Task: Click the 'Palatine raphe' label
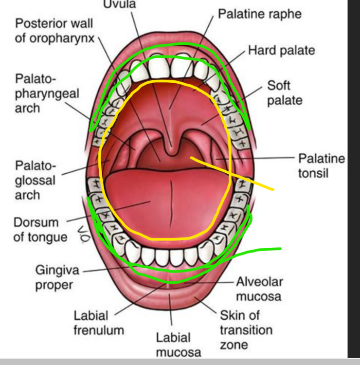click(x=259, y=14)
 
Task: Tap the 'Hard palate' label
click(x=281, y=50)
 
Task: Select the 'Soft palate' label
click(x=285, y=93)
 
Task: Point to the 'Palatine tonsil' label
click(x=321, y=165)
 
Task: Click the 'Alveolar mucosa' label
click(x=259, y=289)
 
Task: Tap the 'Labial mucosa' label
click(x=173, y=344)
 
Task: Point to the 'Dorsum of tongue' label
click(x=40, y=230)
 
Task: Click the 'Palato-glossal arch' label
click(x=35, y=180)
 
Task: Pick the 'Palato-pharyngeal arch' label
click(x=47, y=93)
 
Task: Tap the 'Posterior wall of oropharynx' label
click(x=54, y=30)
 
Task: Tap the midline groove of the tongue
click(x=171, y=204)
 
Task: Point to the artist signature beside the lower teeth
click(x=80, y=234)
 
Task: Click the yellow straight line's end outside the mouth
click(x=273, y=189)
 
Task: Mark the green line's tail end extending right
click(x=280, y=249)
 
